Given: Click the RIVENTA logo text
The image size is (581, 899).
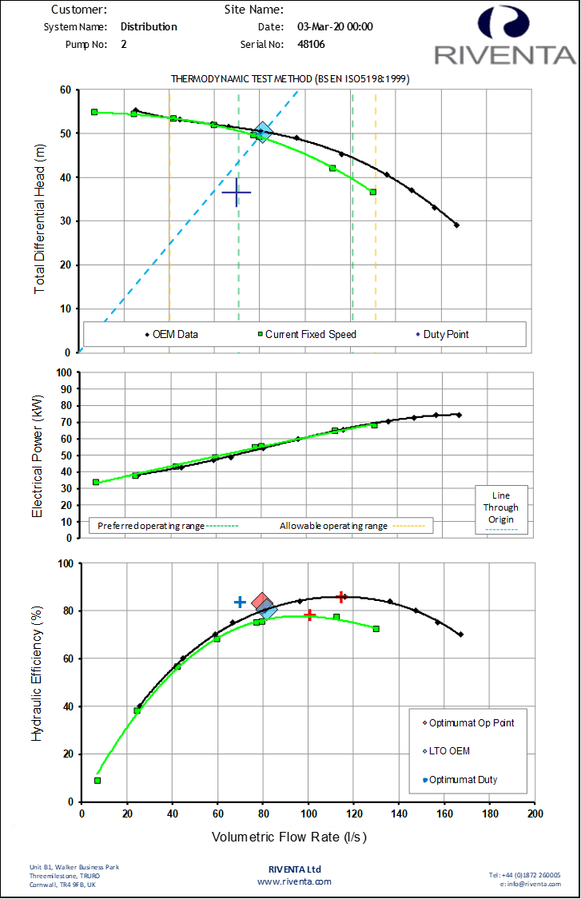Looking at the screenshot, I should (504, 55).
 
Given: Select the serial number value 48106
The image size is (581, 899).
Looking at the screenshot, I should (311, 45).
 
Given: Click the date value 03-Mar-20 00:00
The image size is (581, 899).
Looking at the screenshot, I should (335, 26).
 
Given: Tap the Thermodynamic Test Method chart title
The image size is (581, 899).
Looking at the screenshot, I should (291, 79).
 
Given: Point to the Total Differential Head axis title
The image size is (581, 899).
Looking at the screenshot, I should (40, 221).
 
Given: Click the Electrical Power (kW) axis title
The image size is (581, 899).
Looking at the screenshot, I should (38, 448).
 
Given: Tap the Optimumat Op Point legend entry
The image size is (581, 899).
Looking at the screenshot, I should (471, 722).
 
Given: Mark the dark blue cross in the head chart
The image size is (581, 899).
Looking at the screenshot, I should (237, 193).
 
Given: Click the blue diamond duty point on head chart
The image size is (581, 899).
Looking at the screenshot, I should (263, 132).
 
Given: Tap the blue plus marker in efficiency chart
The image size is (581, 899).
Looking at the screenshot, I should (240, 602).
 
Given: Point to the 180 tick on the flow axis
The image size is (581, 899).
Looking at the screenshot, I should (491, 813).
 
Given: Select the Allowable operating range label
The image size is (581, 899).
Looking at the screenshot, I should (333, 526).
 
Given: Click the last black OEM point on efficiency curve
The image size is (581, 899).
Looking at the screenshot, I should (461, 634).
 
